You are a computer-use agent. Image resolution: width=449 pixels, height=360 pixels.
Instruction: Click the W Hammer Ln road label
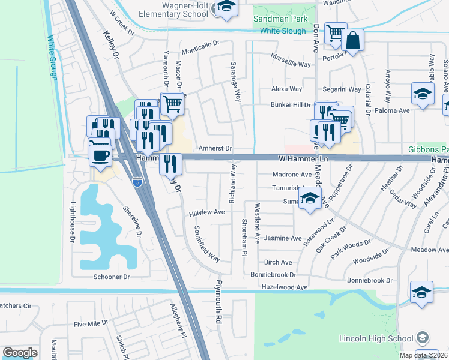305,158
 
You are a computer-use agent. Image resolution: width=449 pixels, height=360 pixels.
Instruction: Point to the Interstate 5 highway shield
138,181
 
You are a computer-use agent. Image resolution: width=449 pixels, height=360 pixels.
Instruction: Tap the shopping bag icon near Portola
353,41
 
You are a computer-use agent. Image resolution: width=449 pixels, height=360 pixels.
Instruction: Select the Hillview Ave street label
206,212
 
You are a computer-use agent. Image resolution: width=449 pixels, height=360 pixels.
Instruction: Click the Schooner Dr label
112,277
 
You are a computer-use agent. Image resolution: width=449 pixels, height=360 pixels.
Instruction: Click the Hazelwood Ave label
284,287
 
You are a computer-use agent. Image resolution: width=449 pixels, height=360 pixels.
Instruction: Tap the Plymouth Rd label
220,302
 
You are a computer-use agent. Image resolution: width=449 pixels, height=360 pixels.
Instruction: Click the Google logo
20,353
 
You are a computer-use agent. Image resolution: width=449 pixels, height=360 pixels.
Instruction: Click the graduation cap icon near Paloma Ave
423,94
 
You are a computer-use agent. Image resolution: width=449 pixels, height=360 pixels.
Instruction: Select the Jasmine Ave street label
283,238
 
